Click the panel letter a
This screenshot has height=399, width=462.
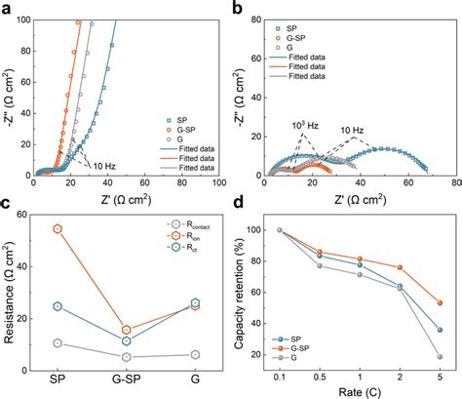[x=7, y=8]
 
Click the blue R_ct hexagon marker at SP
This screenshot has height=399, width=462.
[x=58, y=306]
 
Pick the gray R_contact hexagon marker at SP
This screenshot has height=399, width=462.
[x=58, y=343]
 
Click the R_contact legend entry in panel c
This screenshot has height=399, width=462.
[x=181, y=224]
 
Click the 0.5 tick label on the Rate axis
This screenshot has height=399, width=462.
[x=318, y=376]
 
